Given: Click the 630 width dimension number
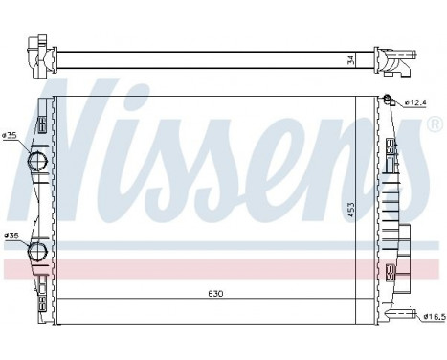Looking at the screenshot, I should tap(218, 294).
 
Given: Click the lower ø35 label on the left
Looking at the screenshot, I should tap(11, 235).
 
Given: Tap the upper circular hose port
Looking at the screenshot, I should tap(38, 161).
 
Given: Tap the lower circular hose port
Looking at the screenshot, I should tap(38, 251).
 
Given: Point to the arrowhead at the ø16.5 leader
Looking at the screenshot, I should tap(403, 312).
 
